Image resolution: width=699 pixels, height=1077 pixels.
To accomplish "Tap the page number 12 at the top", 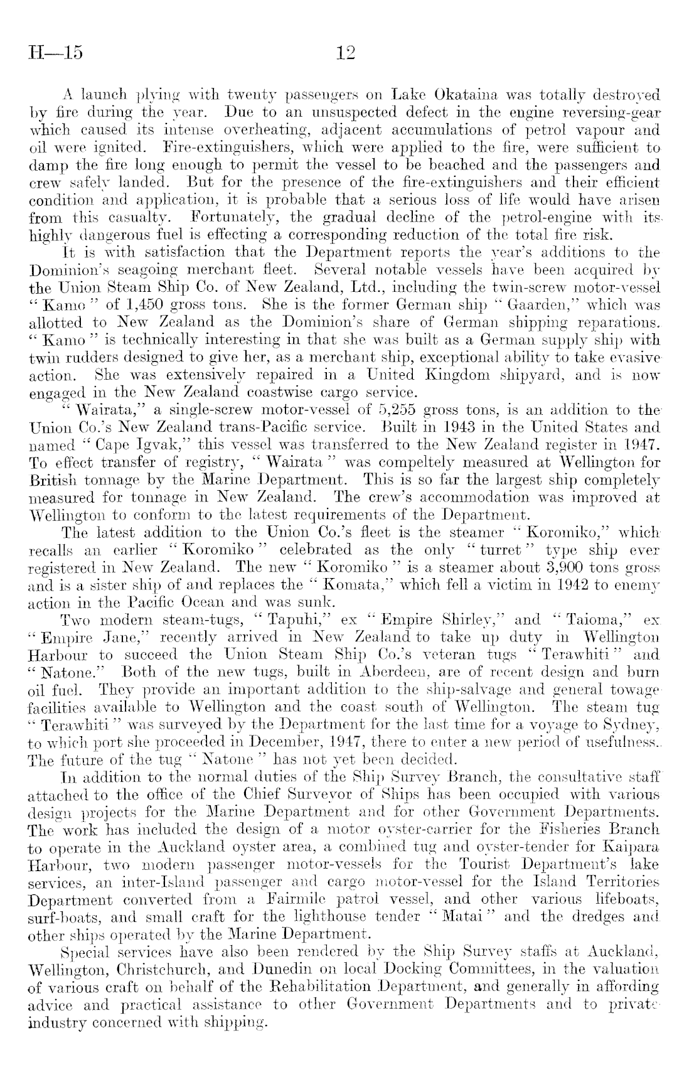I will (346, 52).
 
